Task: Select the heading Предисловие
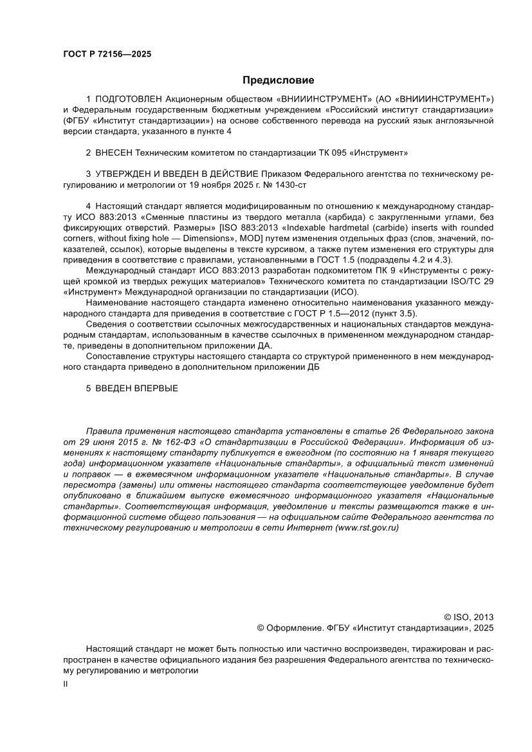(278, 80)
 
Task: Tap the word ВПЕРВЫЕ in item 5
(155, 389)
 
